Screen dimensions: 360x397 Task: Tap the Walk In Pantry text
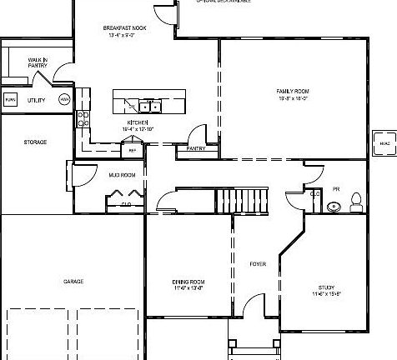pos(37,62)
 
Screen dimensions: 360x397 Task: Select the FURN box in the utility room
pos(10,100)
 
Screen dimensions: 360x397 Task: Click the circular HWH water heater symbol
pos(63,100)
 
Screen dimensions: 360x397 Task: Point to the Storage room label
pos(35,142)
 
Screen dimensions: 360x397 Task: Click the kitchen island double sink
pos(150,106)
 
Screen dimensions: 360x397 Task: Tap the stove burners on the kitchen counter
pos(83,118)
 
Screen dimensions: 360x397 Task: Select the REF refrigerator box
pos(132,151)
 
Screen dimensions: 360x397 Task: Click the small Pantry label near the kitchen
pos(196,148)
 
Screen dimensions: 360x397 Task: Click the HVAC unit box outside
pos(384,142)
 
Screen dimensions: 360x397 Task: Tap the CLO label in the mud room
pos(127,202)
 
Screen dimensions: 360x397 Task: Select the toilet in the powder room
pos(356,200)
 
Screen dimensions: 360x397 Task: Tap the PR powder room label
pos(336,188)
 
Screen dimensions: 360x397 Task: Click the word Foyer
pos(258,265)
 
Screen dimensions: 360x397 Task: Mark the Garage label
pos(73,282)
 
